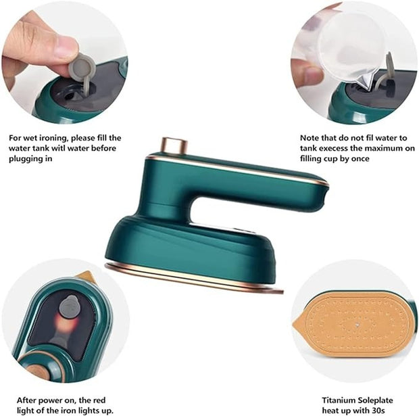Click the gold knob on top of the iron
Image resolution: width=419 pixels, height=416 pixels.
click(x=174, y=145)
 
